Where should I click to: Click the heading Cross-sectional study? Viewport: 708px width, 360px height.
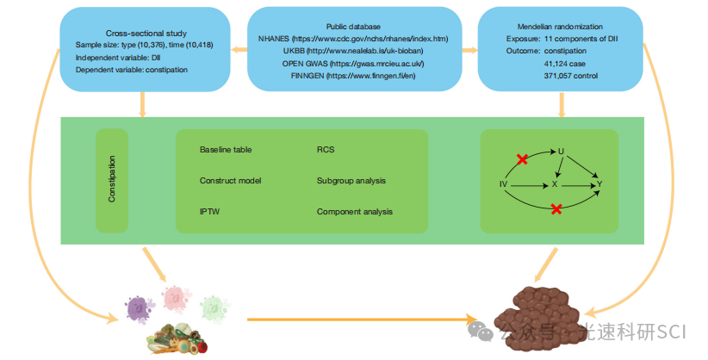coord(146,34)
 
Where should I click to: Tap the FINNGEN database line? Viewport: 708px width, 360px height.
coord(353,76)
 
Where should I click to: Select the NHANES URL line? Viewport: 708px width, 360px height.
coord(353,39)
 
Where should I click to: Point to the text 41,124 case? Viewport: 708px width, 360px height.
coord(564,64)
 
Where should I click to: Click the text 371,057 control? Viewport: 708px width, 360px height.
coord(571,76)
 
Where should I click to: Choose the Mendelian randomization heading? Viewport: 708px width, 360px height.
coord(560,27)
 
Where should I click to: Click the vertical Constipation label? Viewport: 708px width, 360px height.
coord(112,179)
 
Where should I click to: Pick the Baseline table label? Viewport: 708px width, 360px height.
coord(226,150)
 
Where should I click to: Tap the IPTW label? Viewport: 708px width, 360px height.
coord(209,211)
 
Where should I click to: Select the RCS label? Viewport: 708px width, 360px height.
coord(326,150)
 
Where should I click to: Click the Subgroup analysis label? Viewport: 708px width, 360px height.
coord(351,181)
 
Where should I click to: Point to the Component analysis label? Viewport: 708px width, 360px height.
coord(355,211)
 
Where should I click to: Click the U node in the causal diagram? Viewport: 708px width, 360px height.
coord(561,152)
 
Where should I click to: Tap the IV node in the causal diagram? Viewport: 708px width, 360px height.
coord(504,183)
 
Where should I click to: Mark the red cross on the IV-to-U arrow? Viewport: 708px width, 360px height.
coord(523,159)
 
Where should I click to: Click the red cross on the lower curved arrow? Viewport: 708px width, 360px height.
coord(556,208)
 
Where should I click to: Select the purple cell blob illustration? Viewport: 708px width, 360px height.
coord(139,309)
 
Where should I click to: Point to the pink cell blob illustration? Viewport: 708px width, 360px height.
coord(176,299)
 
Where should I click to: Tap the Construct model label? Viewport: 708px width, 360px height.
coord(230,181)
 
